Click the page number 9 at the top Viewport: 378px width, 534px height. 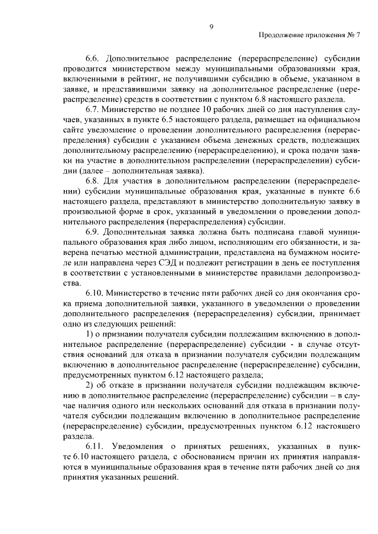point(210,25)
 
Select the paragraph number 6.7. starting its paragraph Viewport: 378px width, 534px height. point(94,110)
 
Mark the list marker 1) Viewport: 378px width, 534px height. point(91,335)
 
